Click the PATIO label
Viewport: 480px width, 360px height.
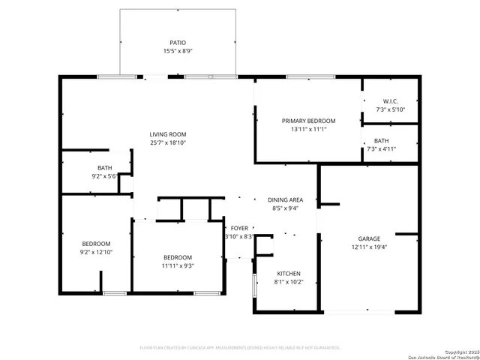[x=178, y=43]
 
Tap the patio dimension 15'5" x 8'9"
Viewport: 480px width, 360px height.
[x=178, y=51]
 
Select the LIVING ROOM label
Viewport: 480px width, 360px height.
[x=167, y=134]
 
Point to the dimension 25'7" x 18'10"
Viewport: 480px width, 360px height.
[x=167, y=142]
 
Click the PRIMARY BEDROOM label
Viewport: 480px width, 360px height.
[x=308, y=121]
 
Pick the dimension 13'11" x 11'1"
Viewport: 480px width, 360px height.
[x=308, y=129]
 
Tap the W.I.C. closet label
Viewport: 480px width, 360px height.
[x=390, y=101]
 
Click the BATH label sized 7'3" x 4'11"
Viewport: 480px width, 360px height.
[x=382, y=140]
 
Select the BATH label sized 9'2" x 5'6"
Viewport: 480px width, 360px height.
[x=104, y=168]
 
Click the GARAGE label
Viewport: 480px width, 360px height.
[x=368, y=238]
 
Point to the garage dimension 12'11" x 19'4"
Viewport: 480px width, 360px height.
[x=368, y=247]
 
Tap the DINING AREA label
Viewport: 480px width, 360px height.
[x=285, y=200]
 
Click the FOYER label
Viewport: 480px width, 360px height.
[x=239, y=228]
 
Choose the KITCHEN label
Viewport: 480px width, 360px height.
[x=289, y=274]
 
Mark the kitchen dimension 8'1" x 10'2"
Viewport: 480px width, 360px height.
[x=289, y=282]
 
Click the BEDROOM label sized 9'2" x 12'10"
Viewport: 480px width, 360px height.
[x=96, y=244]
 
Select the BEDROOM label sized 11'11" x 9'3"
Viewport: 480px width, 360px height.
[x=178, y=257]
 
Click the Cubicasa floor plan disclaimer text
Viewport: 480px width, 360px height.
[x=240, y=348]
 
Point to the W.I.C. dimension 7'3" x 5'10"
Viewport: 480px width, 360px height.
[x=390, y=109]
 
